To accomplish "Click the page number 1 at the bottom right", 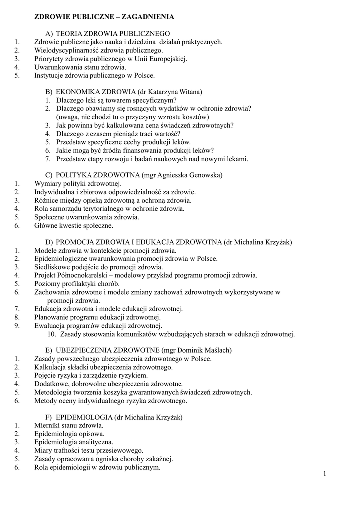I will click(324, 473).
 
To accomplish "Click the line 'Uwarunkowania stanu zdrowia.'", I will click(80, 67).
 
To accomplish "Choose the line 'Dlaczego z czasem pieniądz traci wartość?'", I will click(118, 134).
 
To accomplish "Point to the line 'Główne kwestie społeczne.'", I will click(74, 225).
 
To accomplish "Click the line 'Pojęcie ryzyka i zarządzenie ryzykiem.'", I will click(90, 375).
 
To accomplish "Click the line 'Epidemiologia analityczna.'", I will click(74, 442).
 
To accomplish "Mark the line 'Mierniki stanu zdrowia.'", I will click(69, 425).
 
